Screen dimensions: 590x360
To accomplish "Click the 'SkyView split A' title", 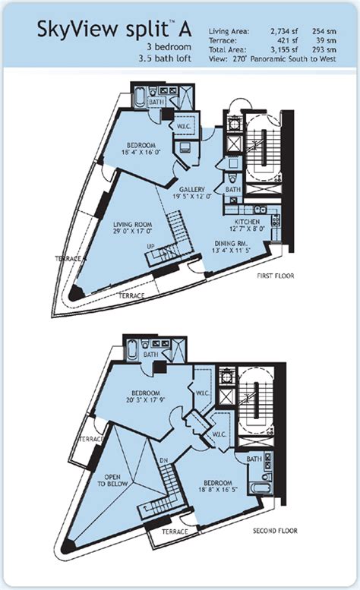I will (114, 30).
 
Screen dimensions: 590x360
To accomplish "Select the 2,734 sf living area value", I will (280, 31).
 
